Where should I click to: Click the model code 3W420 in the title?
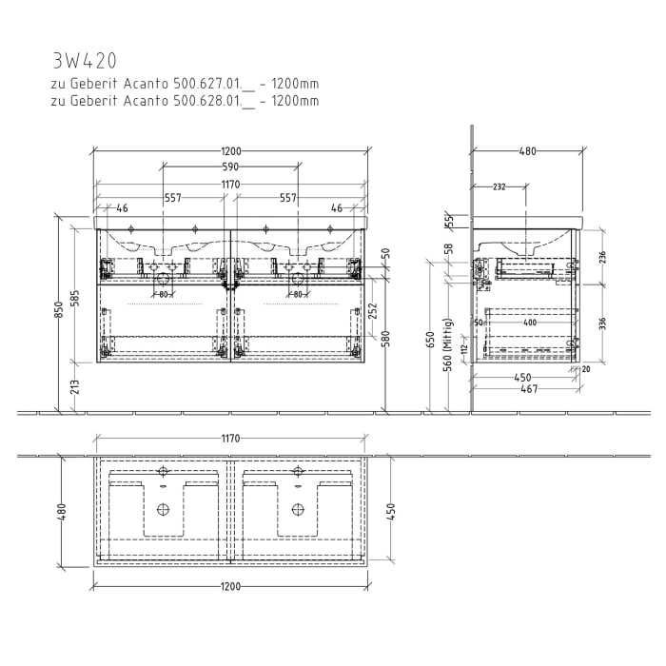(x=85, y=61)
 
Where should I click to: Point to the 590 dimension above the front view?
(x=230, y=166)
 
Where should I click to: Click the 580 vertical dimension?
(x=386, y=339)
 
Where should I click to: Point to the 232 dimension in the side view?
(x=499, y=186)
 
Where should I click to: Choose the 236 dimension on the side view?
(x=601, y=257)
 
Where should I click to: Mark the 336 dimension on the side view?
(x=601, y=323)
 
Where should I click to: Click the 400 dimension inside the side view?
(x=530, y=323)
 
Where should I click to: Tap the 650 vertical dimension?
(x=430, y=341)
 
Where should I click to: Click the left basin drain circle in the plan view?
(x=163, y=509)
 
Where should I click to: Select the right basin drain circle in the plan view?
(x=298, y=509)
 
